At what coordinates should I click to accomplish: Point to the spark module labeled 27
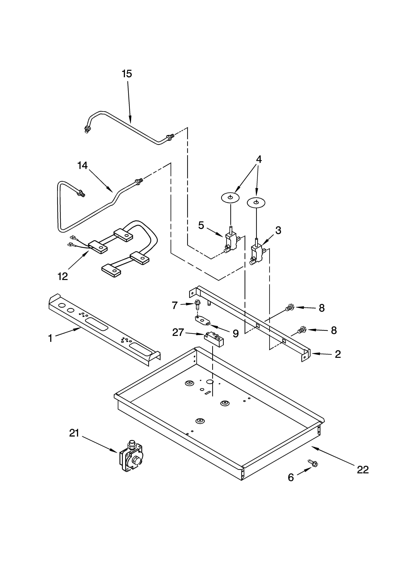[214, 338]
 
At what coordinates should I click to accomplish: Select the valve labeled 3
[257, 254]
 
